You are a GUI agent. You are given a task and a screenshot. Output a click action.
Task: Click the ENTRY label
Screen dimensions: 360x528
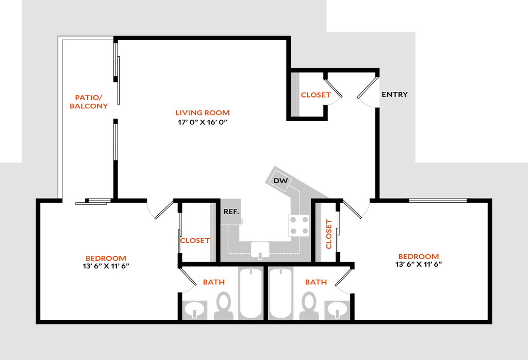tap(394, 94)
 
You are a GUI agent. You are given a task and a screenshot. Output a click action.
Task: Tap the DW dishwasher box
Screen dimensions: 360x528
tap(280, 181)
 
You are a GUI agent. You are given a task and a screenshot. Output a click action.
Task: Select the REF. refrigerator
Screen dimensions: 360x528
tap(230, 211)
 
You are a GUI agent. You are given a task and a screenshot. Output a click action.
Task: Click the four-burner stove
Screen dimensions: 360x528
tap(299, 225)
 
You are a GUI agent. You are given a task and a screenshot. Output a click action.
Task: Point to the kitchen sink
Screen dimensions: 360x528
tap(260, 250)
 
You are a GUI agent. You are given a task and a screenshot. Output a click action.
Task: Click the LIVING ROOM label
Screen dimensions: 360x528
tap(202, 113)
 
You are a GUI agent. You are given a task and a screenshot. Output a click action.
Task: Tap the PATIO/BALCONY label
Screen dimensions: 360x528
tap(89, 102)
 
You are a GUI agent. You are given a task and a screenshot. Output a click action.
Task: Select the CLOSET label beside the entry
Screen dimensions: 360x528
tap(316, 95)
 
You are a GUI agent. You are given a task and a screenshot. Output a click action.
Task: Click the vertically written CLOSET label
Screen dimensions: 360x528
tap(328, 234)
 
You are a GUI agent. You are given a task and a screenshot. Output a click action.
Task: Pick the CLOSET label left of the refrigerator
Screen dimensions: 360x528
tap(195, 241)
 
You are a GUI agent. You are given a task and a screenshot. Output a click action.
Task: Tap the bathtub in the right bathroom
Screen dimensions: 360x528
tap(281, 292)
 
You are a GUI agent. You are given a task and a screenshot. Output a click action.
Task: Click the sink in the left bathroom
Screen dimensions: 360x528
tap(195, 309)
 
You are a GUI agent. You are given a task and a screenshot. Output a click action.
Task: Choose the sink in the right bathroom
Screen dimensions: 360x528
tap(337, 309)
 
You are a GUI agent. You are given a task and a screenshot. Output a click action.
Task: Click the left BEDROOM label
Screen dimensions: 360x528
tap(106, 258)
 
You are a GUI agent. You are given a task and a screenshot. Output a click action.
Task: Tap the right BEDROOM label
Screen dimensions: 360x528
tap(418, 257)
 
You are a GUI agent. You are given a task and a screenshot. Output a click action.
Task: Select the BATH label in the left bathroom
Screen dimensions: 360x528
tap(213, 282)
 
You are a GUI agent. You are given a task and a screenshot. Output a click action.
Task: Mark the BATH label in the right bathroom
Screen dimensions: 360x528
tap(316, 282)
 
